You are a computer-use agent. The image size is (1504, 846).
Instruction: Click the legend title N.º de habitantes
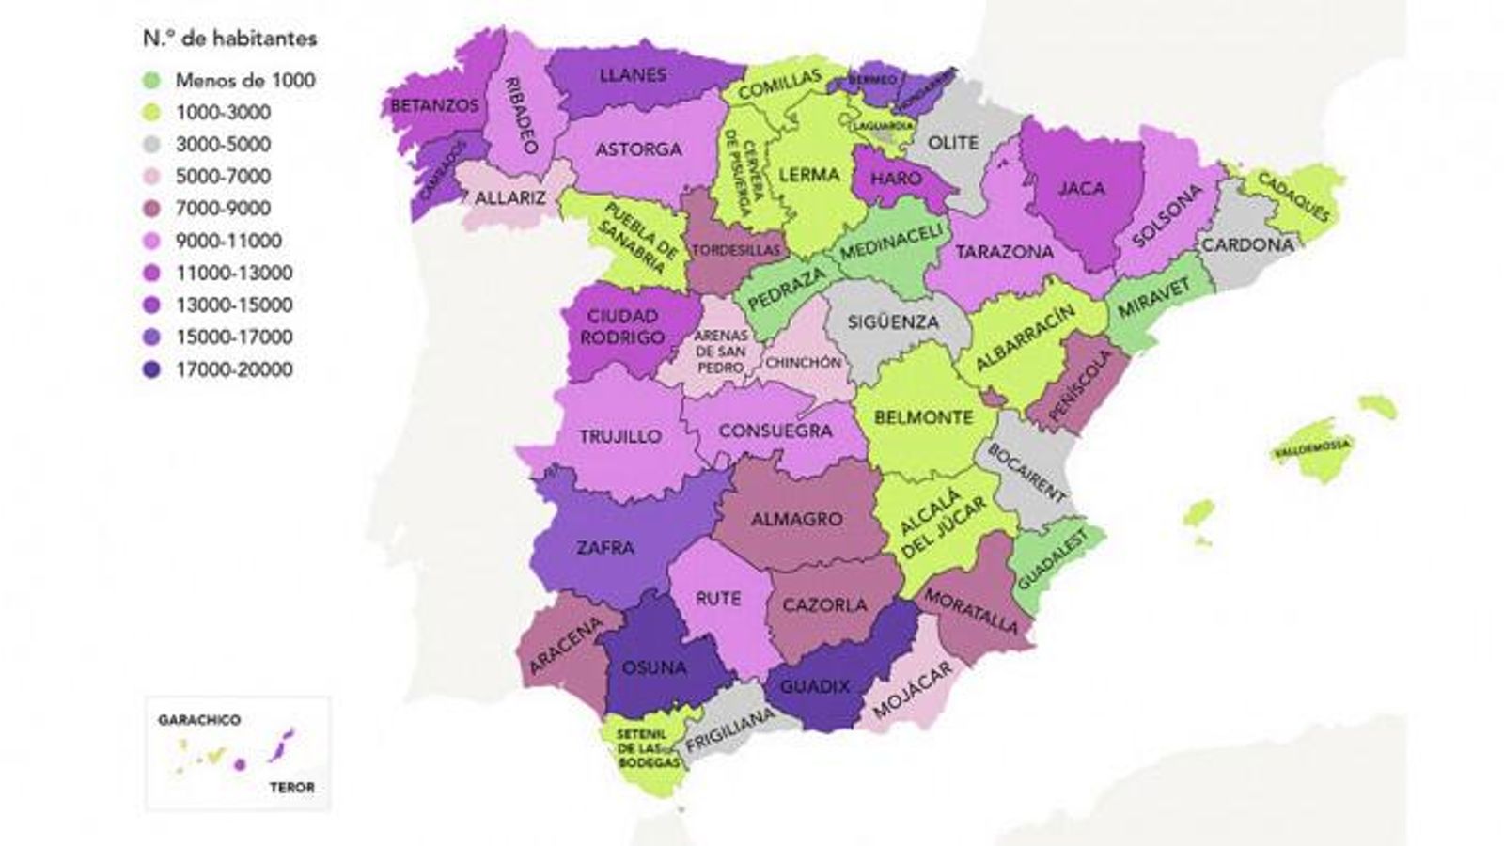coord(229,39)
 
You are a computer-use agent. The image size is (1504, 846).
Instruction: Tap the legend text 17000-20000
coord(233,369)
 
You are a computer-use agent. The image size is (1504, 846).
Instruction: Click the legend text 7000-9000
coord(223,209)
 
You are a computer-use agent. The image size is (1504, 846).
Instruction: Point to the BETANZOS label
coord(434,106)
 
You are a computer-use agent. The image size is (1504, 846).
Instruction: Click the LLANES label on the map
coord(632,74)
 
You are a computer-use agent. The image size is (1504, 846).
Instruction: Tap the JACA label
coord(1081,188)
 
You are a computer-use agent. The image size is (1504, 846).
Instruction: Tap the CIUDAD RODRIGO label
coord(622,326)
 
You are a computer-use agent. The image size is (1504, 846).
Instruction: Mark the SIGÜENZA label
coord(893,321)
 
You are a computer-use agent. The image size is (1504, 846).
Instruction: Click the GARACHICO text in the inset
coord(199,720)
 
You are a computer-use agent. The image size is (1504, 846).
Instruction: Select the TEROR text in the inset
coord(291,787)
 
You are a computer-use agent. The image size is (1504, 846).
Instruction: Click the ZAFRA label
coord(605,547)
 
